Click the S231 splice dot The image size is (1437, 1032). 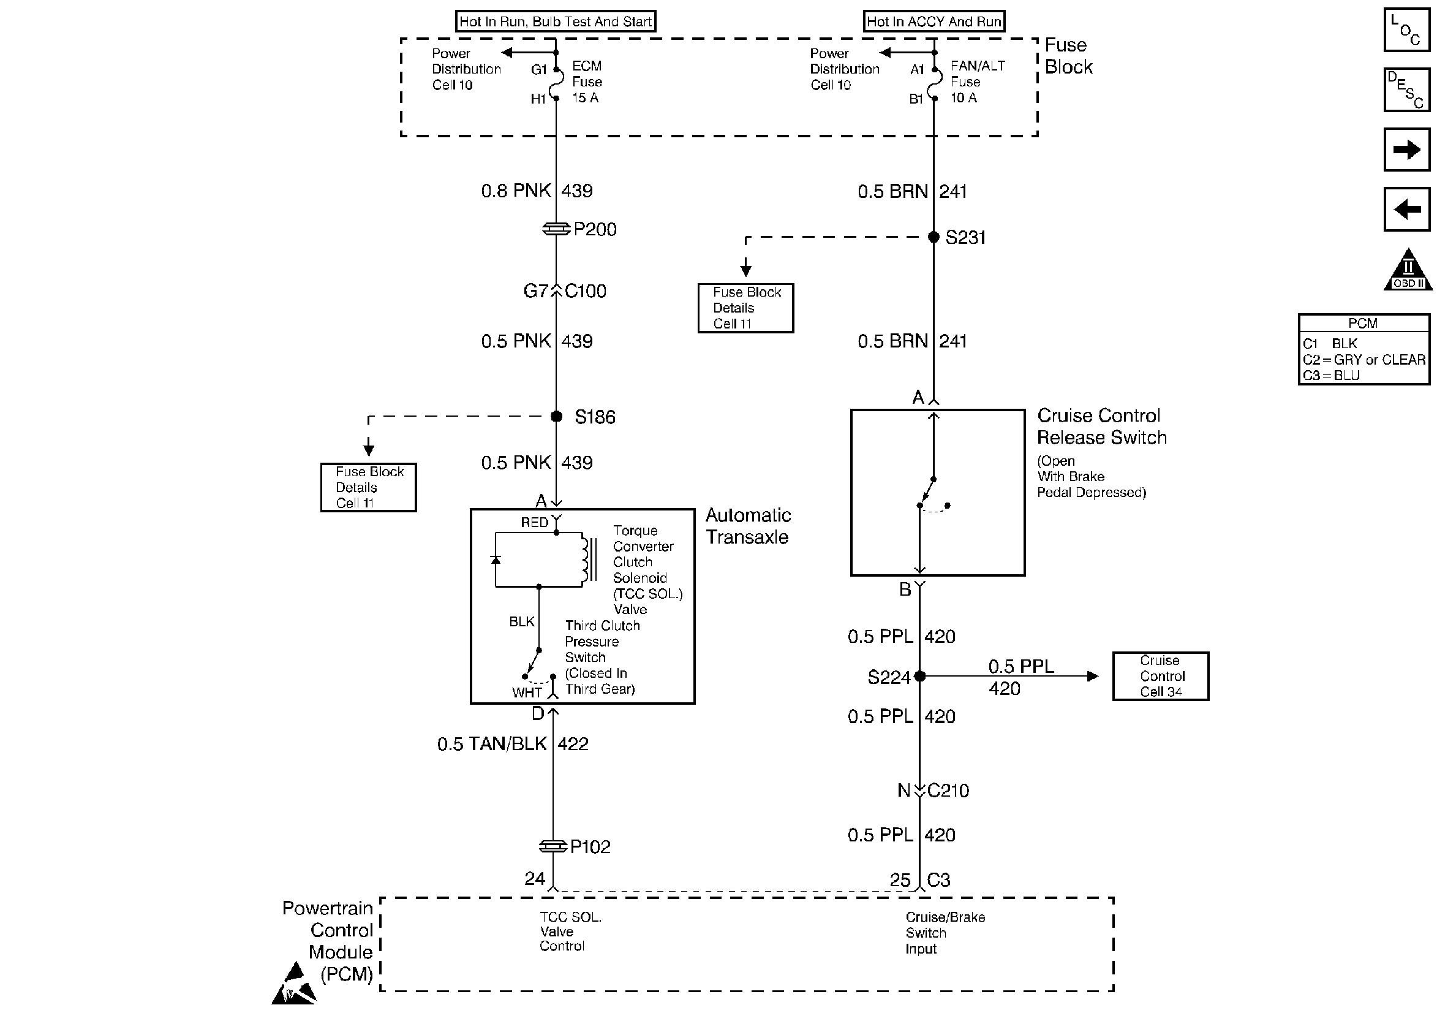point(933,237)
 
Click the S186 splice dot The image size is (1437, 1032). point(556,417)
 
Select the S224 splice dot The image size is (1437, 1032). point(920,677)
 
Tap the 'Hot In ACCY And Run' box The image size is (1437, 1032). point(934,21)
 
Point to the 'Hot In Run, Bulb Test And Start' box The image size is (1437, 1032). point(555,21)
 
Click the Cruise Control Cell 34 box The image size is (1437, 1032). point(1160,677)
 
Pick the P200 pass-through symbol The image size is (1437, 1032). point(556,229)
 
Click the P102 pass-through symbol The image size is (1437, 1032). point(553,846)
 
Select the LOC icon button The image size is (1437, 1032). point(1406,30)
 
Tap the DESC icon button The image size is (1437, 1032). point(1406,89)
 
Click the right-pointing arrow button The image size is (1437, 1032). point(1406,150)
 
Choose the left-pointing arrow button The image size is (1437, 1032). point(1406,209)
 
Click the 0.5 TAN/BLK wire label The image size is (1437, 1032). point(492,743)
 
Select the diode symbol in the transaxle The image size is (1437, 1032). point(496,560)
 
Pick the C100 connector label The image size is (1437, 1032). point(586,291)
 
